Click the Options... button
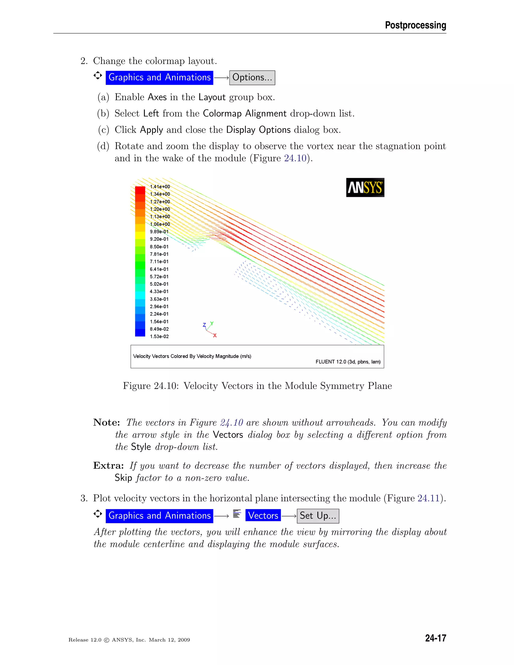[x=252, y=78]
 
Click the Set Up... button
[x=317, y=516]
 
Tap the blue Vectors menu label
[x=263, y=515]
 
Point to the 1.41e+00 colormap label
[x=160, y=187]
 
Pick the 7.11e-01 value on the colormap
[x=159, y=261]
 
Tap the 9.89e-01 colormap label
[x=159, y=232]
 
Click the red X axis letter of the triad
[x=215, y=336]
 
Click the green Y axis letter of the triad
[x=212, y=323]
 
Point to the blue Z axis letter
[x=204, y=325]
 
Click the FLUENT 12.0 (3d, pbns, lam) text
[x=348, y=362]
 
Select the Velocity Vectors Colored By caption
[x=192, y=356]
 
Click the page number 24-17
[x=435, y=638]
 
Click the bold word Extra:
[x=108, y=465]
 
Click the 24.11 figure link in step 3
[x=428, y=498]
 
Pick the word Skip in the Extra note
[x=123, y=478]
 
